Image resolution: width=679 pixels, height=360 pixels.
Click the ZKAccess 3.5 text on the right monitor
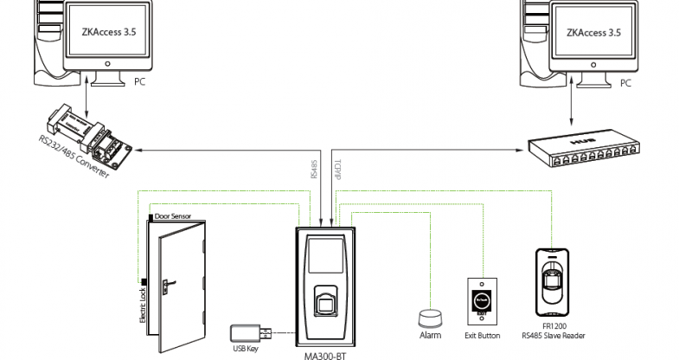coord(593,34)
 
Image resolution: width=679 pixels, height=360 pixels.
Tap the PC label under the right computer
coord(627,84)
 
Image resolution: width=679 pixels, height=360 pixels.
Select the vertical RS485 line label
coord(312,166)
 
